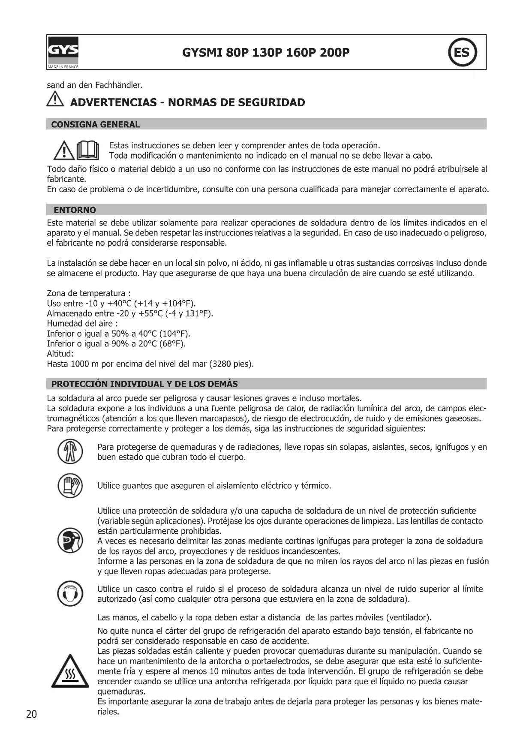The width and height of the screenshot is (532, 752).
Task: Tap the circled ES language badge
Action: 462,52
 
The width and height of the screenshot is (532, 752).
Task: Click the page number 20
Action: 32,714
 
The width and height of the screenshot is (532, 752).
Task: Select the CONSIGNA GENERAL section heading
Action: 95,124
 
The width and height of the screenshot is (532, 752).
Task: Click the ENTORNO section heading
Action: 75,210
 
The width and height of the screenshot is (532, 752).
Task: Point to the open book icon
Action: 88,150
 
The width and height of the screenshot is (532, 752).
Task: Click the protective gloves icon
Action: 70,486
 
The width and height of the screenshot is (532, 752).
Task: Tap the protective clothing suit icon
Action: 70,452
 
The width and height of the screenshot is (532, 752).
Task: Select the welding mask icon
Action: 70,541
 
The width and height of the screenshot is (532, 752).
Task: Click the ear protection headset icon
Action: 70,594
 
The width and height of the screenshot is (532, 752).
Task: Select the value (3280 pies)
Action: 231,364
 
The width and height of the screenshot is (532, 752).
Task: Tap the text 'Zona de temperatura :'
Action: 89,293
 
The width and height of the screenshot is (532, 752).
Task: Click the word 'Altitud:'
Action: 60,354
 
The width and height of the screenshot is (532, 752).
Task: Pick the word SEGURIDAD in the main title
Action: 271,102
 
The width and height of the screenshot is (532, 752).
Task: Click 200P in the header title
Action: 334,52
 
